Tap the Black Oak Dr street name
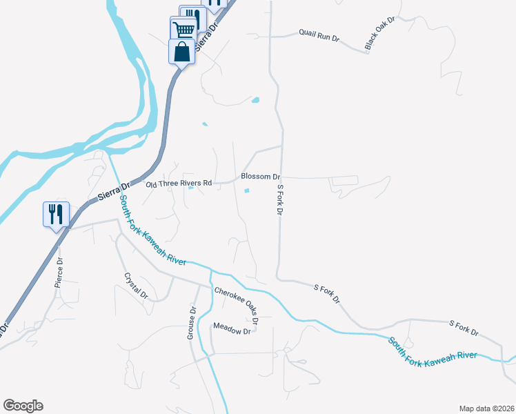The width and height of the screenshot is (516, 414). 379,32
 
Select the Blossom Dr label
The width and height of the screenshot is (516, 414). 259,177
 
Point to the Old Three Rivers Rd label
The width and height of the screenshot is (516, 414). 179,184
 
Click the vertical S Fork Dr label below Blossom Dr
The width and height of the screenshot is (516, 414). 280,199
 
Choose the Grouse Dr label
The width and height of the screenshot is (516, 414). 192,323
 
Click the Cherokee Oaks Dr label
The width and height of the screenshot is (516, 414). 236,306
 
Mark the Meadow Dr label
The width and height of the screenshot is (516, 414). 232,330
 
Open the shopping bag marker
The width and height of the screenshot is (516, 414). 181,52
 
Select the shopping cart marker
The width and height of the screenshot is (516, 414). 183,30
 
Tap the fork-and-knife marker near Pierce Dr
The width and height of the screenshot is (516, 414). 56,213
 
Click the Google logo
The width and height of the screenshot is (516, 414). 23,406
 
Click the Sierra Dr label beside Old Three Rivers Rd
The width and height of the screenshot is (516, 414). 113,191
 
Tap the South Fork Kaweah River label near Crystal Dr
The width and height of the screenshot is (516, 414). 152,230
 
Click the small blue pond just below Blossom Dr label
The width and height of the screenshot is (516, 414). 247,191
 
